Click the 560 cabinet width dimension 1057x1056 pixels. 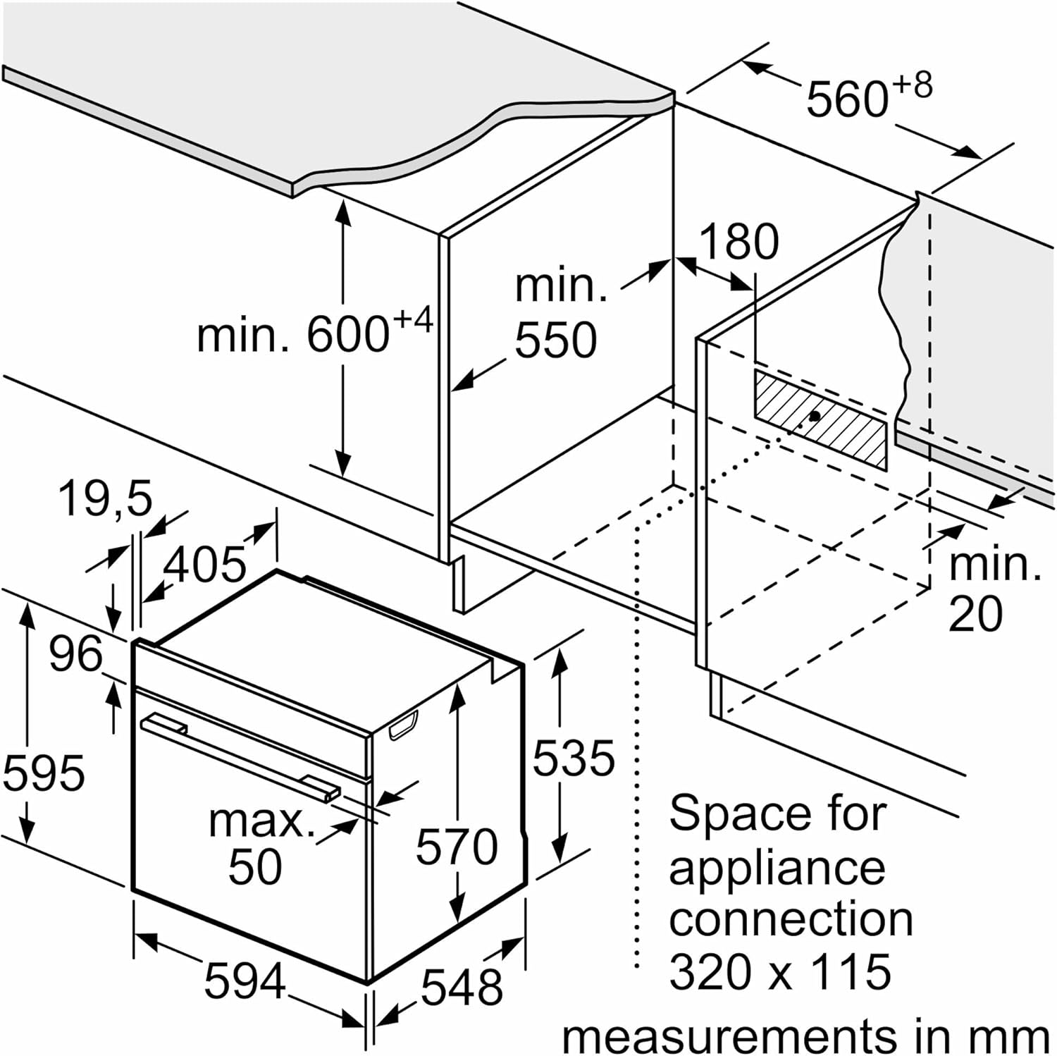(x=869, y=96)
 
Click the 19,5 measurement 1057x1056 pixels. (x=105, y=498)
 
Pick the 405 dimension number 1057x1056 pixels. (x=205, y=564)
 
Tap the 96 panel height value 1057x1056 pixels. (x=75, y=654)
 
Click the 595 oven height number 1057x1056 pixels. (x=44, y=772)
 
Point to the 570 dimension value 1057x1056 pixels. (x=457, y=846)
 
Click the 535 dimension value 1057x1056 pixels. (x=574, y=759)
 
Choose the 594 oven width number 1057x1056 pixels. (x=245, y=981)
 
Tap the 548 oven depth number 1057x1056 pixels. (x=462, y=986)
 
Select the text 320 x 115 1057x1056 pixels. (x=780, y=972)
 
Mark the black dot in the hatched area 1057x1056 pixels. (x=815, y=416)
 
